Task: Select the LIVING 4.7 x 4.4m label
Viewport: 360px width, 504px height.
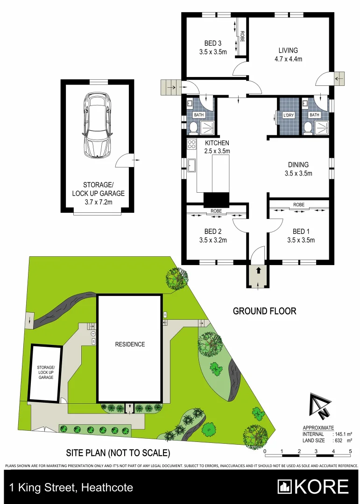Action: [x=288, y=54]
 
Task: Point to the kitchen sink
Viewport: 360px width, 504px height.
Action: [x=191, y=165]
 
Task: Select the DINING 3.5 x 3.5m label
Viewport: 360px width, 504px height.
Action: [x=298, y=168]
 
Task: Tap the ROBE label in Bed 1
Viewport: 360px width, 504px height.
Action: [x=299, y=205]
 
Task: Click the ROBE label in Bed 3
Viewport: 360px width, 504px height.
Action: [x=242, y=36]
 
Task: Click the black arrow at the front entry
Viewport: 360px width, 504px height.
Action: [x=258, y=270]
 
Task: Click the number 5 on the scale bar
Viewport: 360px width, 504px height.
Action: [x=350, y=452]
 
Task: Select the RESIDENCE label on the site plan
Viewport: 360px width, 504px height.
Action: [x=130, y=344]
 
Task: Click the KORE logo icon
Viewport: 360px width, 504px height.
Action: [x=284, y=487]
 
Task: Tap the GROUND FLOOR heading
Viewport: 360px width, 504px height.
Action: [x=264, y=311]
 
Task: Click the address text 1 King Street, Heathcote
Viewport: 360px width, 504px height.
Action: [x=71, y=488]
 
